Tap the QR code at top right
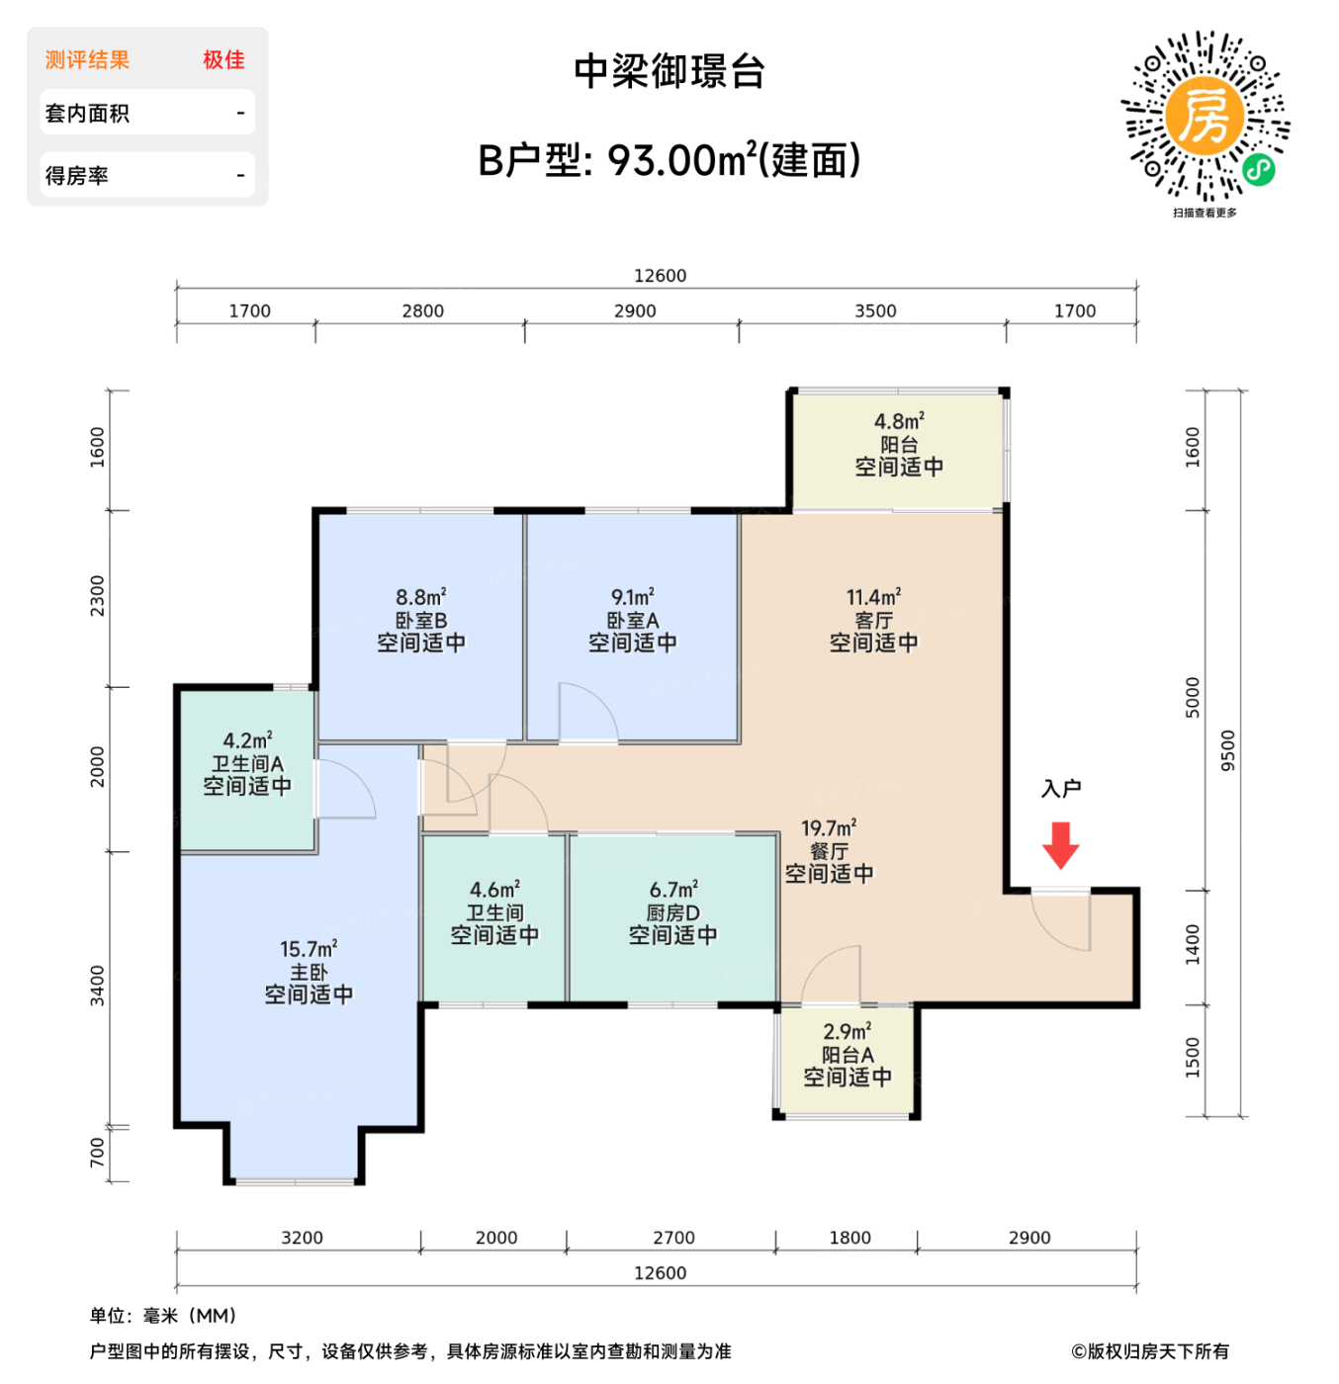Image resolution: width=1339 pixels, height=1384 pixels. [x=1205, y=117]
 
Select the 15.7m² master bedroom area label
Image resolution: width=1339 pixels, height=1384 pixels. [x=309, y=949]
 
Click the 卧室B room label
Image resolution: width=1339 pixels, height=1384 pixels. [x=421, y=621]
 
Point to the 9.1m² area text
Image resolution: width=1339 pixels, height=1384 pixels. [x=633, y=597]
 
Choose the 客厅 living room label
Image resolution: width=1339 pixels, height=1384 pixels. [x=873, y=621]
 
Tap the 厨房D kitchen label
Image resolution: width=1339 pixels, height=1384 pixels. [x=673, y=913]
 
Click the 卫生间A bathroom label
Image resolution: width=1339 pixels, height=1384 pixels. [x=247, y=764]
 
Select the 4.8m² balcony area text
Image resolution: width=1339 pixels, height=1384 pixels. [x=899, y=421]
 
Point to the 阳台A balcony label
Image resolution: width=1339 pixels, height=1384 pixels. [x=848, y=1055]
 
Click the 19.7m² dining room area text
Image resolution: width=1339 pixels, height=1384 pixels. [x=829, y=827]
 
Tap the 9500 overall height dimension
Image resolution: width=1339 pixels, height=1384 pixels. [x=1228, y=750]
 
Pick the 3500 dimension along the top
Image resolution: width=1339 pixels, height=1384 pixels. [x=875, y=311]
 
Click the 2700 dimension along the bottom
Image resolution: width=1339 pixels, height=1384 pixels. [x=673, y=1238]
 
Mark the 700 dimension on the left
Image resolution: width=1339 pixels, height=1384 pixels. [x=97, y=1152]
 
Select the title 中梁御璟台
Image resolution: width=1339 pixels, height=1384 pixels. [x=669, y=72]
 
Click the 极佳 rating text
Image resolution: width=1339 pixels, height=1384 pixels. [x=223, y=60]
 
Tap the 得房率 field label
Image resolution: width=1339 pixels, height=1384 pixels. [x=77, y=176]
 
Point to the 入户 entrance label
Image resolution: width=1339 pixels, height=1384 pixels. [x=1061, y=789]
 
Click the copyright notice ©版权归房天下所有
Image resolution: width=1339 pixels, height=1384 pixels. [x=1150, y=1351]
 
